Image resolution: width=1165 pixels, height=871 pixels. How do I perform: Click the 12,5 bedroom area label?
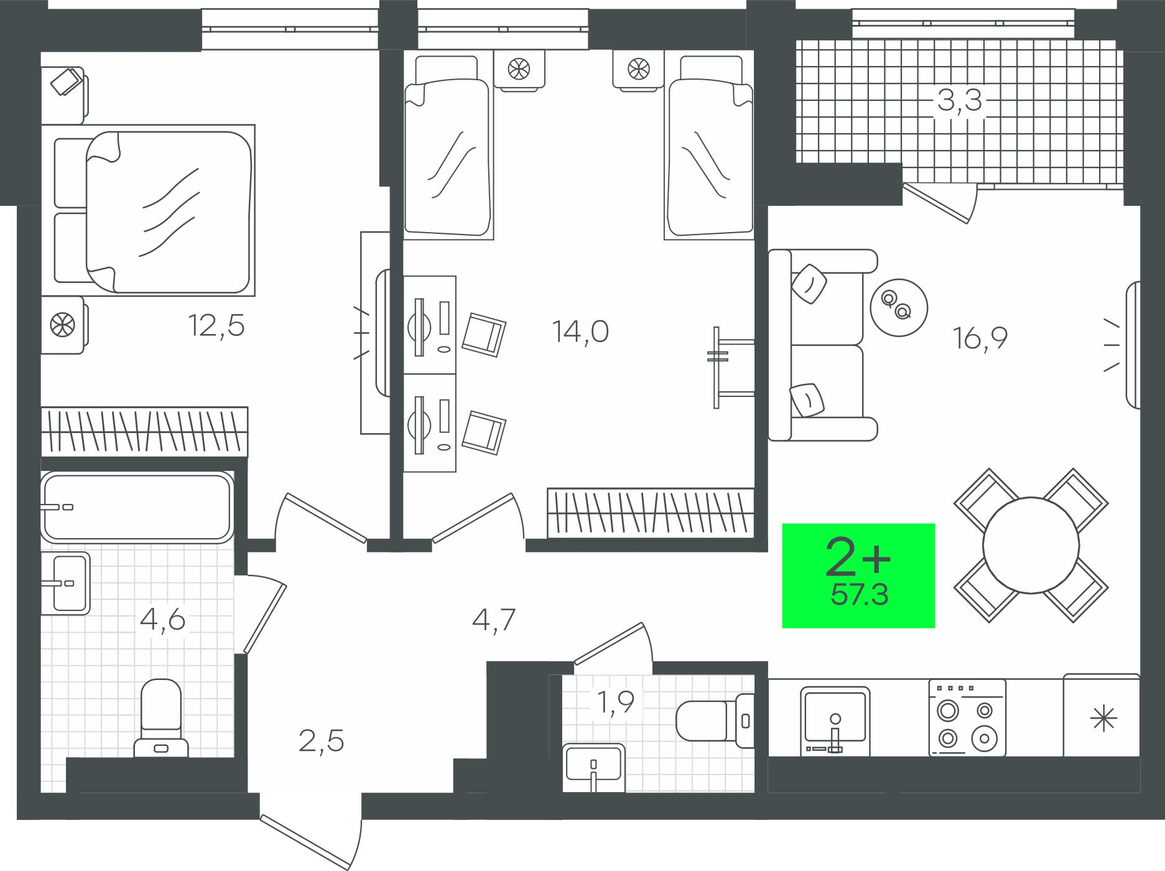(x=217, y=325)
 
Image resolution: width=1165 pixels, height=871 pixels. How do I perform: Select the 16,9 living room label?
(x=980, y=338)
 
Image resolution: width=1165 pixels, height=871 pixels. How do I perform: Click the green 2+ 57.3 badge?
(x=858, y=575)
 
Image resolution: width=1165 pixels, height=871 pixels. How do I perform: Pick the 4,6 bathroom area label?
(x=163, y=620)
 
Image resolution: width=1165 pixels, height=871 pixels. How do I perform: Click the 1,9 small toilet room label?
(x=615, y=702)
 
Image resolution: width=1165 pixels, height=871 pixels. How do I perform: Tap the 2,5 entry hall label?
(x=322, y=742)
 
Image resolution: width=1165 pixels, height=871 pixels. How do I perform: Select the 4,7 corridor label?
(x=494, y=620)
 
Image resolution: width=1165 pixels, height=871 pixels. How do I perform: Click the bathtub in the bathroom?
(x=137, y=507)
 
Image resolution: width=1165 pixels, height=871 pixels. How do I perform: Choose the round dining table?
(x=1031, y=545)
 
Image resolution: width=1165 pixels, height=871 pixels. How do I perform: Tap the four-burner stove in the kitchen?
(x=967, y=718)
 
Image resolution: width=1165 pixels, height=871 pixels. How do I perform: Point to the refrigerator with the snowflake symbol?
(x=1102, y=715)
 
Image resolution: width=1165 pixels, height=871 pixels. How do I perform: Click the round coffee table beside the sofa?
(x=899, y=307)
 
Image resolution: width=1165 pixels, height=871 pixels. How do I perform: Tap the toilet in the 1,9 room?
(x=715, y=720)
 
